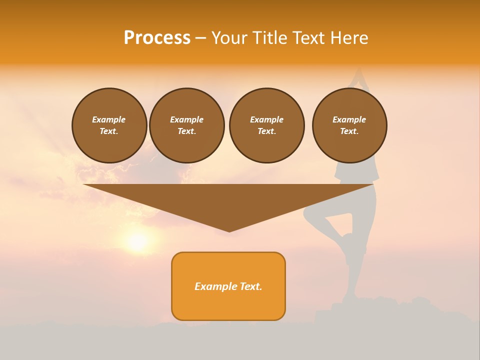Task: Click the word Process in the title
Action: click(157, 38)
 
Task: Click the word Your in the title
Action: click(229, 38)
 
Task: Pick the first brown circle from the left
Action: click(109, 125)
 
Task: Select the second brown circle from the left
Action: click(187, 125)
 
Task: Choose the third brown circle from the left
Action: click(267, 125)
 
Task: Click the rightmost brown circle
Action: click(349, 125)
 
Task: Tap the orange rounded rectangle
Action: click(228, 286)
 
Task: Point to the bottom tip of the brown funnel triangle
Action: click(229, 231)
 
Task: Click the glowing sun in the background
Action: click(136, 242)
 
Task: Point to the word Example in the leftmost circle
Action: click(109, 119)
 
